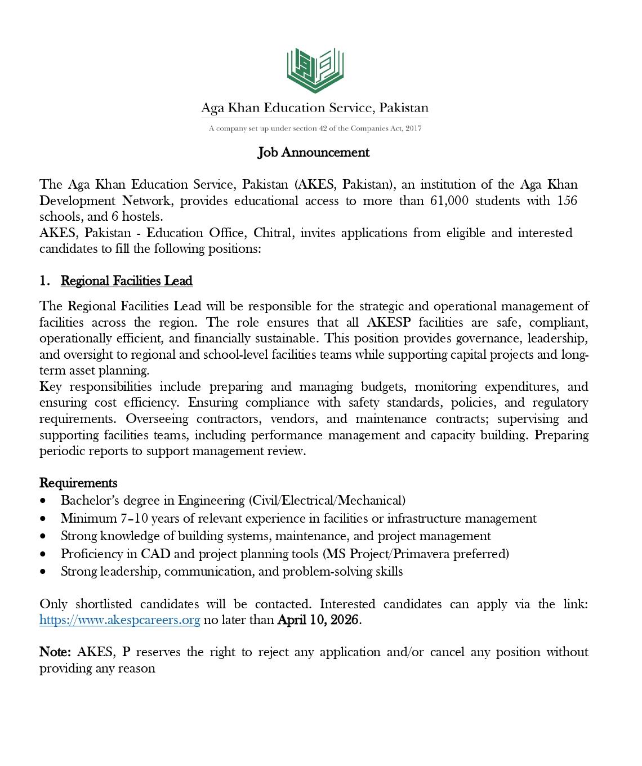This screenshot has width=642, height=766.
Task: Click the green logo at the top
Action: tap(315, 70)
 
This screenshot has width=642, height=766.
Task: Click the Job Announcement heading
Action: tap(314, 152)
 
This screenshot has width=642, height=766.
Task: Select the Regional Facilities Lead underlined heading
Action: tap(127, 280)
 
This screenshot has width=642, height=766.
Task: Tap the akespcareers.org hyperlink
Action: tap(120, 620)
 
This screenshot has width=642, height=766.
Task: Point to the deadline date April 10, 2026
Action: tap(318, 620)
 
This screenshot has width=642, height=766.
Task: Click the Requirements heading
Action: tap(78, 483)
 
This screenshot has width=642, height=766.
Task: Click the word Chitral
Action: tap(273, 233)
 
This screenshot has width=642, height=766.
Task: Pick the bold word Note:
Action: tap(55, 652)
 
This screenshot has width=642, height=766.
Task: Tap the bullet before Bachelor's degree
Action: tap(44, 501)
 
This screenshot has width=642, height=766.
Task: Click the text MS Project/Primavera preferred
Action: tap(416, 554)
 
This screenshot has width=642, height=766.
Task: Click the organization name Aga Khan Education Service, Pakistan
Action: tap(315, 108)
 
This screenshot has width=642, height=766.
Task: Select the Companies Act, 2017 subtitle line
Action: tap(315, 128)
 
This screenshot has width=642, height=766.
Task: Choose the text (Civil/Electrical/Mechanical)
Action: tap(327, 500)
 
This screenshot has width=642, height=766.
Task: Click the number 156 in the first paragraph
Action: tap(567, 201)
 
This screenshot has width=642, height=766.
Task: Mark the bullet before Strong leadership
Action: tap(44, 572)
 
